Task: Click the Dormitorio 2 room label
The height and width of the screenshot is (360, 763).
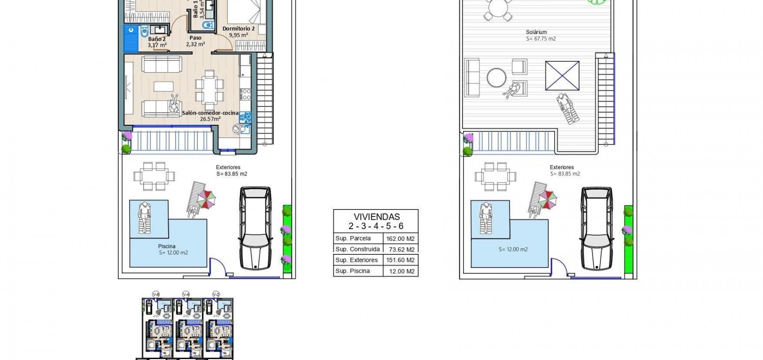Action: [238, 29]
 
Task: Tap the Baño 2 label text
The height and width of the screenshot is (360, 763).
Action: [157, 39]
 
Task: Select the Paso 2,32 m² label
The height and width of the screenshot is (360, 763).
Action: [195, 41]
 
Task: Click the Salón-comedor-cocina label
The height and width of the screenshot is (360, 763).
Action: [210, 113]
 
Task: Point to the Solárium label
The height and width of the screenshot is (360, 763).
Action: [536, 32]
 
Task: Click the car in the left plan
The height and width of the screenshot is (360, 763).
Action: [254, 228]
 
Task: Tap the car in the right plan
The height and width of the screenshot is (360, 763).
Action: [596, 228]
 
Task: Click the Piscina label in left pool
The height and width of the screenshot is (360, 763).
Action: [166, 246]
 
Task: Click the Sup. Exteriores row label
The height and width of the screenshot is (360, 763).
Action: [356, 260]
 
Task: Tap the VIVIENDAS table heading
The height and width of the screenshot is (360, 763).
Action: [376, 217]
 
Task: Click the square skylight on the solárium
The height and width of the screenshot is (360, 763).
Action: [562, 75]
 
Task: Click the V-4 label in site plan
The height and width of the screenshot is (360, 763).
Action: [185, 294]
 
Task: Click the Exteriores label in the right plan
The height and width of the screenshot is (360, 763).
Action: [562, 167]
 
